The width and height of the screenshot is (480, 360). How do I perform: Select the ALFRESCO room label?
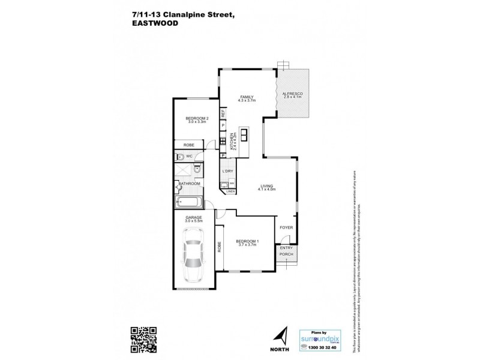tap(292, 95)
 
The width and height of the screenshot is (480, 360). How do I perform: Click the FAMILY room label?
tap(246, 97)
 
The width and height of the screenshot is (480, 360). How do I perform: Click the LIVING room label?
tap(267, 186)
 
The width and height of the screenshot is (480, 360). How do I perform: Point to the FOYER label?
tap(284, 228)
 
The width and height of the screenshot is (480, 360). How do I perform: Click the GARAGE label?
tap(193, 217)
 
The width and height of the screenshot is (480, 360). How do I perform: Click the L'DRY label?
tap(228, 172)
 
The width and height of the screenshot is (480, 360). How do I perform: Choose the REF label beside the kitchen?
tap(223, 113)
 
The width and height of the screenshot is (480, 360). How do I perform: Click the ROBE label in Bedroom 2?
tap(188, 145)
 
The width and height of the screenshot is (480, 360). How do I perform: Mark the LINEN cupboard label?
tap(230, 191)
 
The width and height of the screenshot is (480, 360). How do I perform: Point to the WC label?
tap(189, 156)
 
